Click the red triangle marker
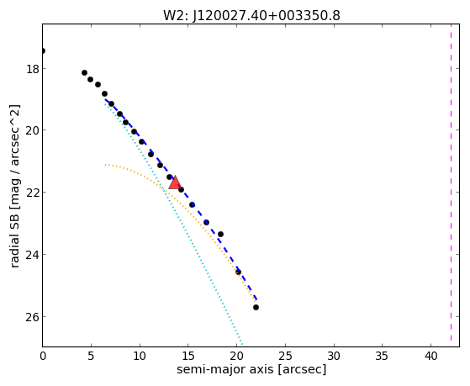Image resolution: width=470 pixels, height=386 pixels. pyautogui.click(x=175, y=183)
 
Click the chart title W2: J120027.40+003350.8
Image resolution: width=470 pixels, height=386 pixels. pyautogui.click(x=251, y=16)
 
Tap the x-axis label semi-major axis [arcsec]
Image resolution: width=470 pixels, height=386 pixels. pyautogui.click(x=251, y=369)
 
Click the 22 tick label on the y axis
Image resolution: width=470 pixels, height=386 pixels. pyautogui.click(x=33, y=193)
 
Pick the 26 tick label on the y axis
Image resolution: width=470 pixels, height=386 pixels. pyautogui.click(x=33, y=317)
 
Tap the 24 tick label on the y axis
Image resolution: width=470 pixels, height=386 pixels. pyautogui.click(x=33, y=255)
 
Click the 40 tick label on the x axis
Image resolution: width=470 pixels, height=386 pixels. pyautogui.click(x=430, y=357)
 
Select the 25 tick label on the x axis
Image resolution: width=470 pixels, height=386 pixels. pyautogui.click(x=285, y=357)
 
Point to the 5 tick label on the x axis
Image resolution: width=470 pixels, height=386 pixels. pyautogui.click(x=91, y=357)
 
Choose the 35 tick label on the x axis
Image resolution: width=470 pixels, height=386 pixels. pyautogui.click(x=383, y=357)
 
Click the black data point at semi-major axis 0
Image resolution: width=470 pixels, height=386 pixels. pyautogui.click(x=43, y=50)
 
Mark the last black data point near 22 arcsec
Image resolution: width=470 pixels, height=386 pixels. pyautogui.click(x=256, y=308)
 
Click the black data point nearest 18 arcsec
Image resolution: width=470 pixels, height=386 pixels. pyautogui.click(x=220, y=234)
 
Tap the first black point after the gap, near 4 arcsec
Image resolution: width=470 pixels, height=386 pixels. pyautogui.click(x=85, y=73)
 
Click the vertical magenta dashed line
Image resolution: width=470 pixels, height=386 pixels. pyautogui.click(x=451, y=185)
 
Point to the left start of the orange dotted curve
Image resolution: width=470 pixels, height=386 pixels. pyautogui.click(x=105, y=165)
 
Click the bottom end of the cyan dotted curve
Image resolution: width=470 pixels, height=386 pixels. pyautogui.click(x=242, y=345)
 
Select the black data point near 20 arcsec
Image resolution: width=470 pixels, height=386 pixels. pyautogui.click(x=238, y=272)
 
